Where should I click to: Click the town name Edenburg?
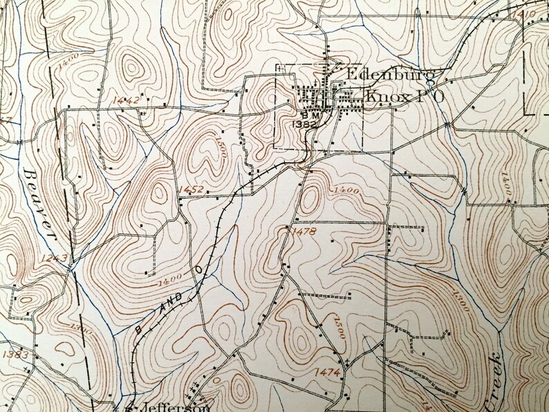click(x=389, y=74)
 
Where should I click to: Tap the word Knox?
click(x=378, y=97)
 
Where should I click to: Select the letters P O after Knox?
click(x=425, y=97)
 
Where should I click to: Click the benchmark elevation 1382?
click(x=305, y=124)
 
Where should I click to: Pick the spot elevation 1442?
click(x=126, y=100)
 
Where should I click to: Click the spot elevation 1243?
click(x=53, y=259)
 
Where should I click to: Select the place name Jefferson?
click(x=167, y=406)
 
